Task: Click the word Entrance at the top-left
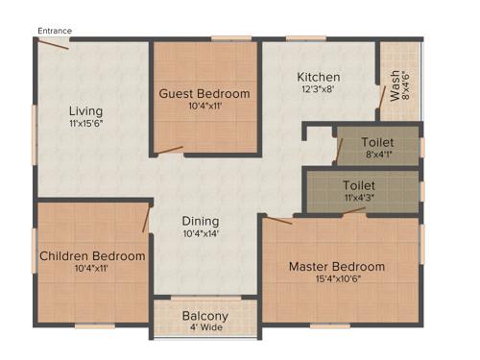(x=55, y=32)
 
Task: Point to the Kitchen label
(x=318, y=78)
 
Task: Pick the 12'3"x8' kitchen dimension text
(x=318, y=91)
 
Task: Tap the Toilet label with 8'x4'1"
(x=377, y=142)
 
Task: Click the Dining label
(x=201, y=220)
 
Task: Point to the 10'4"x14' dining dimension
(x=201, y=233)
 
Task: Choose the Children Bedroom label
(x=92, y=255)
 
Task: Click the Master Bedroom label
(x=337, y=266)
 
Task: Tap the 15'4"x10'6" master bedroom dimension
(x=337, y=280)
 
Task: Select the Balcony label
(x=205, y=315)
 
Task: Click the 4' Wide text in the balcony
(x=205, y=327)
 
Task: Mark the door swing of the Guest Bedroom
(x=171, y=149)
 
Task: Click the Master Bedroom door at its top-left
(x=278, y=220)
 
